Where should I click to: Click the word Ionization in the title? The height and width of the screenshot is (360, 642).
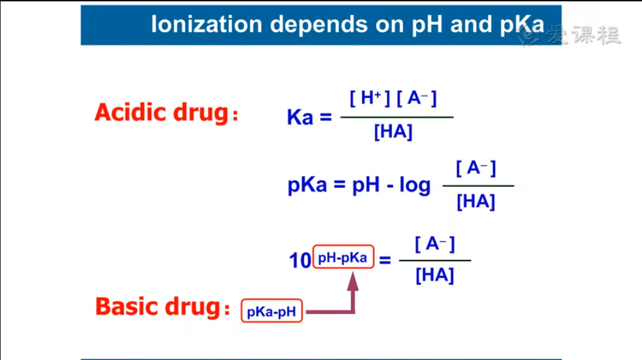coord(206,24)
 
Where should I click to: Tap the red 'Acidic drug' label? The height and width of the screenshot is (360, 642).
coord(162,112)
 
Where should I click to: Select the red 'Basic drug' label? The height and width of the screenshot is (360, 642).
coord(158,307)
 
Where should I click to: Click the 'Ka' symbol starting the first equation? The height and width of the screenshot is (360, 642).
coord(300,117)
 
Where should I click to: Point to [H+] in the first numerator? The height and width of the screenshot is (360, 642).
coord(369,98)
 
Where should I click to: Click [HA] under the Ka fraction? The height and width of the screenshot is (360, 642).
coord(393,132)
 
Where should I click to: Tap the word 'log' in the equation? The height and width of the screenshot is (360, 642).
coord(415,185)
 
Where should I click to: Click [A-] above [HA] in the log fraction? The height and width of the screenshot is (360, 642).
coord(476,168)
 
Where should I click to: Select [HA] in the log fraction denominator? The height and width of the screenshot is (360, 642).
coord(476,202)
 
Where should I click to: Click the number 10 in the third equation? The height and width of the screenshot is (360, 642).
coord(300,260)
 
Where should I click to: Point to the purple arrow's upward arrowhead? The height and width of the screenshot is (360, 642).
coord(353,281)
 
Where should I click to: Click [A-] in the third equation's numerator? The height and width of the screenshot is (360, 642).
coord(434,244)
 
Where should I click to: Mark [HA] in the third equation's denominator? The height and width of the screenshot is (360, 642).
coord(435,275)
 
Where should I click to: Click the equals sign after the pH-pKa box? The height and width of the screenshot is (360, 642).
coord(385,260)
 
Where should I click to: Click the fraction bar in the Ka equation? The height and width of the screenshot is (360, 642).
coord(397,117)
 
